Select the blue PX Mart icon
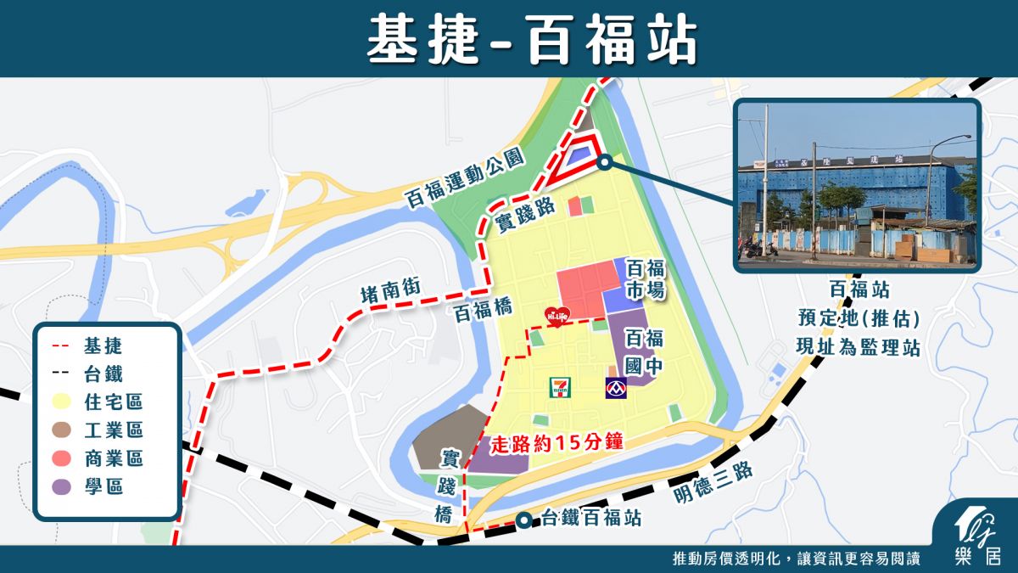[x=616, y=389]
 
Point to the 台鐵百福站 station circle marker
[x=526, y=519]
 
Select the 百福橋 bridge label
[x=484, y=311]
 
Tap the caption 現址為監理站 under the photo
[x=859, y=346]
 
